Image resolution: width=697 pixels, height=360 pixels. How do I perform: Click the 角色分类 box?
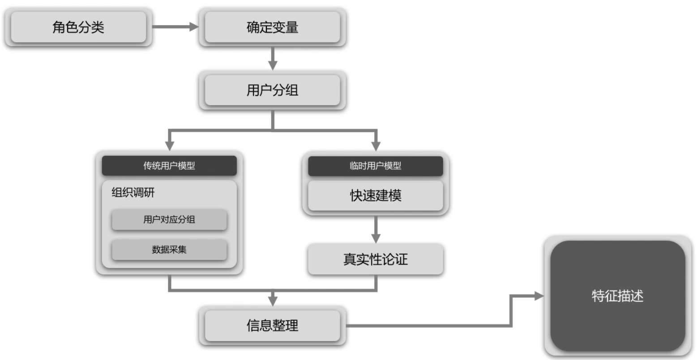(78, 27)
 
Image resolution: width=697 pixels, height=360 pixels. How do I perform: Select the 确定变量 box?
(272, 27)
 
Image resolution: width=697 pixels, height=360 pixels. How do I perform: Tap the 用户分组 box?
(272, 90)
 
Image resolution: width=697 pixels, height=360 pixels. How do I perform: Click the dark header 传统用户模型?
(169, 166)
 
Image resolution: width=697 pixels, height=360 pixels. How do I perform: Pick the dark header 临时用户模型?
(375, 166)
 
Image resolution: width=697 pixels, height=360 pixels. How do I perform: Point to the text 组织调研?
(133, 193)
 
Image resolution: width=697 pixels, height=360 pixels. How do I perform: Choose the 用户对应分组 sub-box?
(169, 219)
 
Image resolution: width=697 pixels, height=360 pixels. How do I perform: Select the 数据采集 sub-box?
(169, 249)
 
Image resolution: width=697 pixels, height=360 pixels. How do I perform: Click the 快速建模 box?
(375, 195)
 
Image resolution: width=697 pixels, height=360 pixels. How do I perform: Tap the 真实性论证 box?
(375, 259)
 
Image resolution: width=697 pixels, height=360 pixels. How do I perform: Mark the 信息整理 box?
(272, 326)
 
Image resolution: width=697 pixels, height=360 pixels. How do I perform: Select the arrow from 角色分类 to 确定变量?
(175, 27)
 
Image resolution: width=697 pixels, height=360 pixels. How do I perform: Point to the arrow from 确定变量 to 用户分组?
(273, 59)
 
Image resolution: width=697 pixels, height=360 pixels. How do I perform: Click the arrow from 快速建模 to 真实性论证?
(376, 230)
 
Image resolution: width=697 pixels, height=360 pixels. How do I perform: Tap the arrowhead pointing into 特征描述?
(539, 296)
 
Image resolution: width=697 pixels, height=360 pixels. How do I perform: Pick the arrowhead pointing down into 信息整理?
(273, 301)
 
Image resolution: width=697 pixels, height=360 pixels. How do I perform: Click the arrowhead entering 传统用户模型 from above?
(169, 146)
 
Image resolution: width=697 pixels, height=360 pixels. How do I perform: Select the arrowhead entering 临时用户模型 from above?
(376, 146)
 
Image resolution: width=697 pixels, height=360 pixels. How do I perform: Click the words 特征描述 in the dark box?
(618, 296)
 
